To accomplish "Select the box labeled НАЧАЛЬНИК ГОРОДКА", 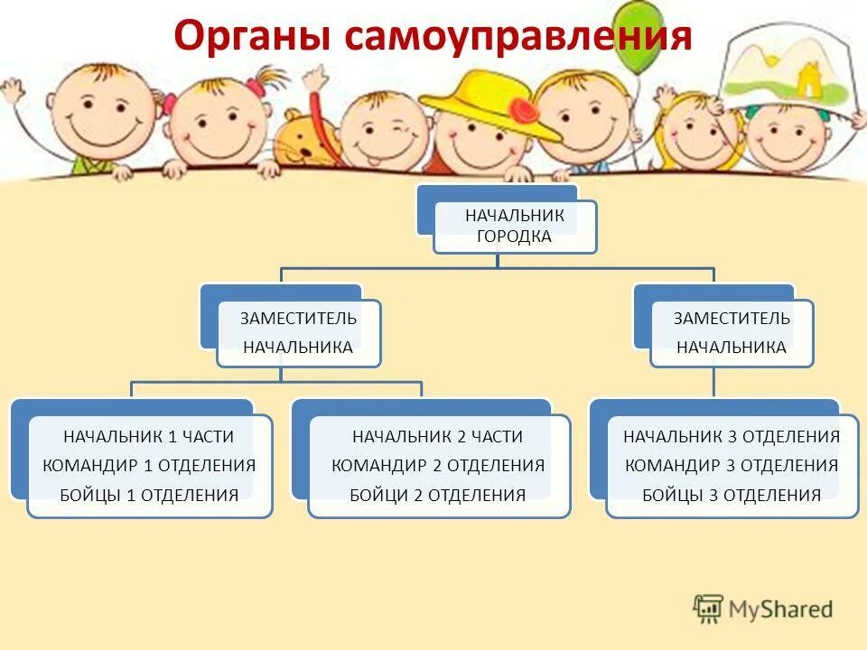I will [x=515, y=227].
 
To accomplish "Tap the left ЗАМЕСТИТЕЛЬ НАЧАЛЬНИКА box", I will [x=298, y=333].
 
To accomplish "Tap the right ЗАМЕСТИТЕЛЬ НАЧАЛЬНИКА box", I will [x=732, y=333].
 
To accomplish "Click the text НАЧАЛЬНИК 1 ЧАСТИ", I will [x=149, y=437].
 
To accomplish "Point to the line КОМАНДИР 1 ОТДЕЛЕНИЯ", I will [x=149, y=466].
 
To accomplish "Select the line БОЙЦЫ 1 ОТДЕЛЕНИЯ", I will [x=149, y=495].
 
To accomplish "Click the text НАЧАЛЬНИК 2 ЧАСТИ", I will [x=438, y=437].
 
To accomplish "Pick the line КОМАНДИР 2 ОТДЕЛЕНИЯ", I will [x=438, y=466].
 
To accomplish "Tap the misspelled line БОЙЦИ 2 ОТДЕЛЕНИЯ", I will [x=438, y=495].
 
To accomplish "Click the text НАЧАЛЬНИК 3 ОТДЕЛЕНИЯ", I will [x=732, y=437].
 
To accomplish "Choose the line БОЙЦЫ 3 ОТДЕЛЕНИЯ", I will [x=732, y=495].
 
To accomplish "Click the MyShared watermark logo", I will [x=763, y=609].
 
